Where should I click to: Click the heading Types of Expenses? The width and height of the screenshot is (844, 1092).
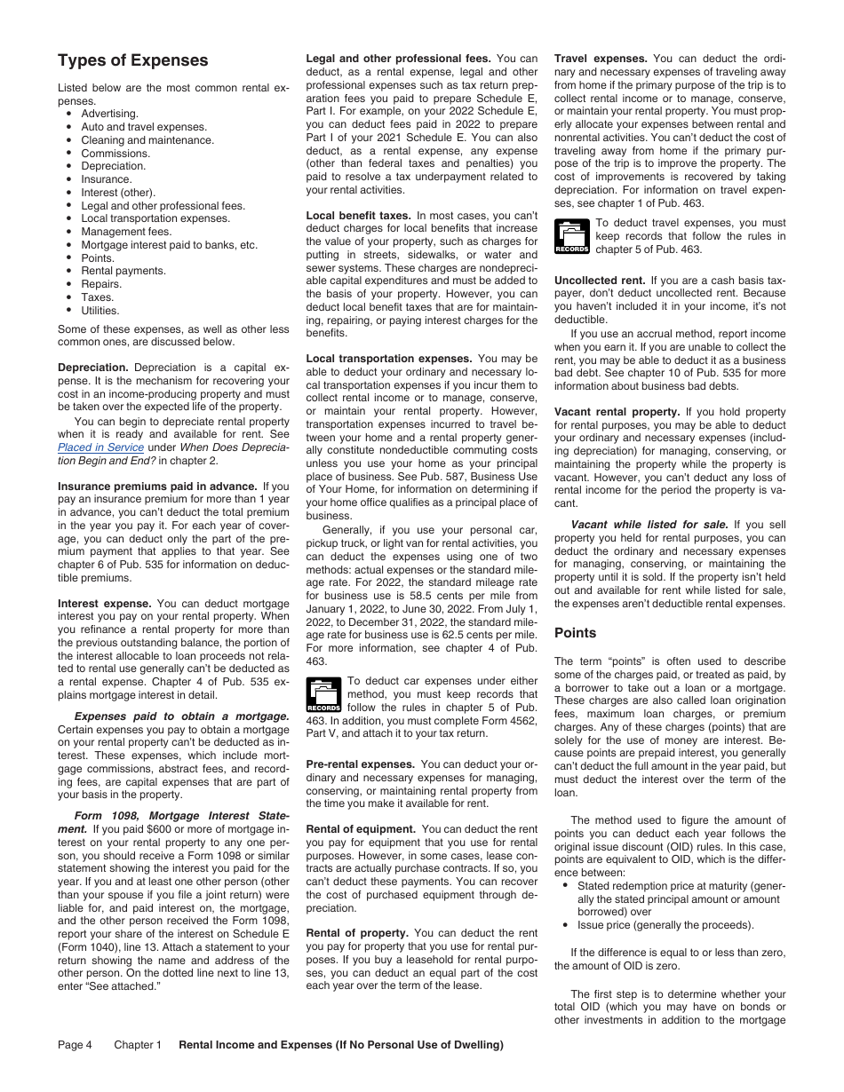pos(132,60)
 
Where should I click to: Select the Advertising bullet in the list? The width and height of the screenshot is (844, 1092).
pos(109,114)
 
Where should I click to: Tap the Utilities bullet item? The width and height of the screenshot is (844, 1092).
pos(100,311)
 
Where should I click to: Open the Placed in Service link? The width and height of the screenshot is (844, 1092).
pos(100,447)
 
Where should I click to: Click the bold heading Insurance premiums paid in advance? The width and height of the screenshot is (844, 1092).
pos(157,487)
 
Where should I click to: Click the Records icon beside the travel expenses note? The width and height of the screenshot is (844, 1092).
pos(571,236)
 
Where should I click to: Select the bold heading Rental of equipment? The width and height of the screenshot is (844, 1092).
pos(361,829)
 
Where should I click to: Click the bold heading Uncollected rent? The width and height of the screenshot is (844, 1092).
pos(599,281)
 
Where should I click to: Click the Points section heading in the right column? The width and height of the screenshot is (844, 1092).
pos(575,633)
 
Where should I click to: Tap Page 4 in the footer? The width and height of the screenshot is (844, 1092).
pos(75,1045)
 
